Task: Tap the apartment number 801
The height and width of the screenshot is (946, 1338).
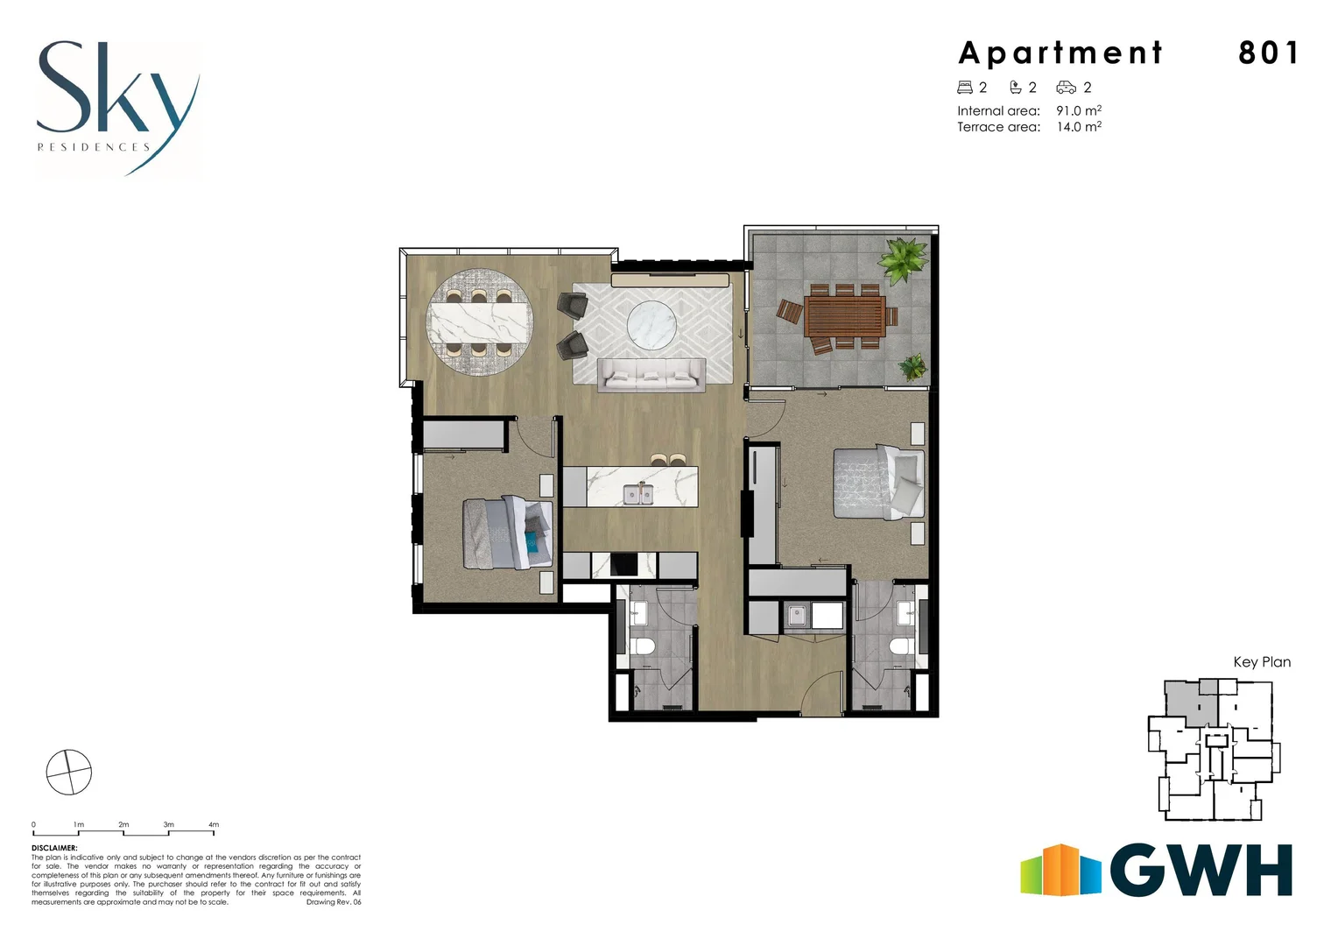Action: (x=1267, y=53)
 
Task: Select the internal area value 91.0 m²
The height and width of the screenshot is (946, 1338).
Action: (x=1078, y=111)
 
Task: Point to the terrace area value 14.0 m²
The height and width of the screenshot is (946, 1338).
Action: (x=1078, y=127)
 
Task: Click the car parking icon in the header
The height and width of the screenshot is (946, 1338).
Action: (x=1066, y=88)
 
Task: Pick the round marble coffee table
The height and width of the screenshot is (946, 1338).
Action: (x=651, y=323)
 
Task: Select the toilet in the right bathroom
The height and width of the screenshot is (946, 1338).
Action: (x=900, y=647)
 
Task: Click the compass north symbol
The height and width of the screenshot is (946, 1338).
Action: (x=68, y=773)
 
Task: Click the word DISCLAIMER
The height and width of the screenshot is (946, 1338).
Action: (x=54, y=848)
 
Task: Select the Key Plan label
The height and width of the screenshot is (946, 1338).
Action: (x=1261, y=662)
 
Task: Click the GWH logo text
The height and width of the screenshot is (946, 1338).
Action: (x=1201, y=872)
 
